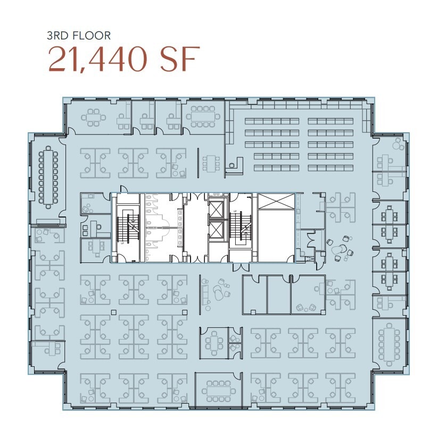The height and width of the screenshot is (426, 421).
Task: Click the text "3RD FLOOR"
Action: click(x=78, y=36)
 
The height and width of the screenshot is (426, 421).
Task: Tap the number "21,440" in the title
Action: click(x=95, y=60)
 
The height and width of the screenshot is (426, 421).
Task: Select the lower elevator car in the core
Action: click(x=217, y=230)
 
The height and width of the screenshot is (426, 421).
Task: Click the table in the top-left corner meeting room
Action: click(x=93, y=117)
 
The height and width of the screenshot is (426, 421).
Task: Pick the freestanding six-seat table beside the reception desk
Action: click(x=212, y=163)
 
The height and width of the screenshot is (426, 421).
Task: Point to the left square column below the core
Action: click(x=113, y=311)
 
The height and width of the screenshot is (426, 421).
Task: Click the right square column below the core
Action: click(x=184, y=311)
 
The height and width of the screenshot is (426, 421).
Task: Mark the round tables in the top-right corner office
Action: click(x=397, y=144)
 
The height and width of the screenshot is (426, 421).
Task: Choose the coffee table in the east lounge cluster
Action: click(x=337, y=249)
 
